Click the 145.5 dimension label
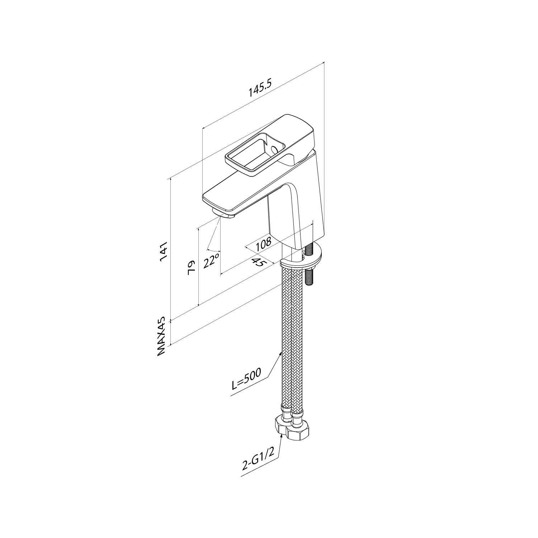point(261,89)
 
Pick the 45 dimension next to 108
point(260,262)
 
